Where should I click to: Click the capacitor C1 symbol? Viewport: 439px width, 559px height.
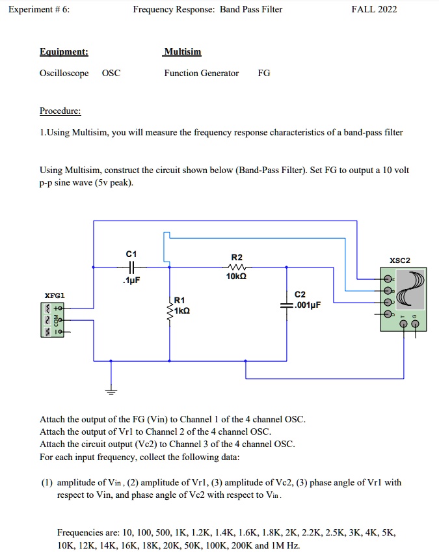pyautogui.click(x=131, y=267)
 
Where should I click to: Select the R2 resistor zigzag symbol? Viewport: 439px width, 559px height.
pyautogui.click(x=236, y=267)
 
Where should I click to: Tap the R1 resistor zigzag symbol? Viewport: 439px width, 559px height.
pyautogui.click(x=170, y=312)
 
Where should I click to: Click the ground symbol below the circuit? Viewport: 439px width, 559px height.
pyautogui.click(x=111, y=391)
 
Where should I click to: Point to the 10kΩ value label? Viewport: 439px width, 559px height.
pyautogui.click(x=237, y=277)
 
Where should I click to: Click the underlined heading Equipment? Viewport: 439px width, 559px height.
pyautogui.click(x=64, y=51)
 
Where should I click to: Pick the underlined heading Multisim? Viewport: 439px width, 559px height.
pyautogui.click(x=183, y=51)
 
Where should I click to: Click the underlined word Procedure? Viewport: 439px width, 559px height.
pyautogui.click(x=60, y=111)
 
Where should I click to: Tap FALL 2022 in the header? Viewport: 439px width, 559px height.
pyautogui.click(x=373, y=9)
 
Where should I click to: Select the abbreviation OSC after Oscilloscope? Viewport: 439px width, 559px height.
pyautogui.click(x=111, y=73)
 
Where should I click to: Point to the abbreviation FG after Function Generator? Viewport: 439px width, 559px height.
pyautogui.click(x=264, y=73)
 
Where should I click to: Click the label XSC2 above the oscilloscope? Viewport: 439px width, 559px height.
pyautogui.click(x=399, y=260)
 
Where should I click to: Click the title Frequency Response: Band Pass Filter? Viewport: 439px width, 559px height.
pyautogui.click(x=207, y=9)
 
